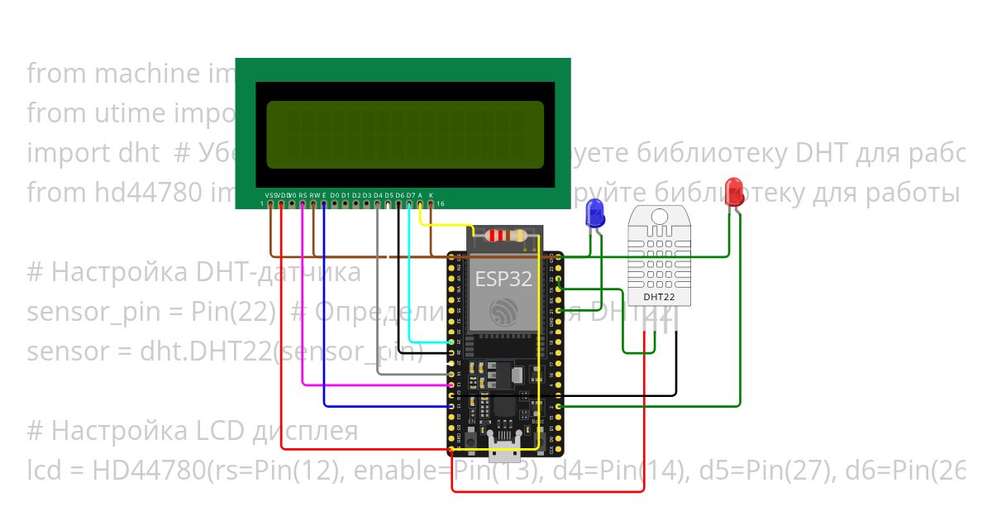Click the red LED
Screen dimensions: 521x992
point(733,192)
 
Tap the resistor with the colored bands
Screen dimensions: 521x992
point(505,236)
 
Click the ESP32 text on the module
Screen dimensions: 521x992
point(503,279)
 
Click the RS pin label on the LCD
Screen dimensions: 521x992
point(303,195)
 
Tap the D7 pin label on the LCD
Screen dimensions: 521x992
point(410,195)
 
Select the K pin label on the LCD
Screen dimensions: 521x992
point(431,195)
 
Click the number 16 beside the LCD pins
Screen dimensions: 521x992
point(441,203)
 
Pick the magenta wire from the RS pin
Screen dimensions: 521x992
point(303,331)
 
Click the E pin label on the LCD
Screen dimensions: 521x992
point(324,195)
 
